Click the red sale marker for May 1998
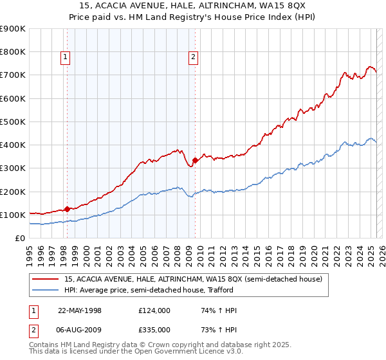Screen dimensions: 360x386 [67, 209]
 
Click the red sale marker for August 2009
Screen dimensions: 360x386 [195, 160]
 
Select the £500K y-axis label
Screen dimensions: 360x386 [13, 122]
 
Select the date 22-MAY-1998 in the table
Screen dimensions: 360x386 [80, 310]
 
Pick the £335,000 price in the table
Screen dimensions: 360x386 [154, 330]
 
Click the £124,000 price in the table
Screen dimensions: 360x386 [154, 310]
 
